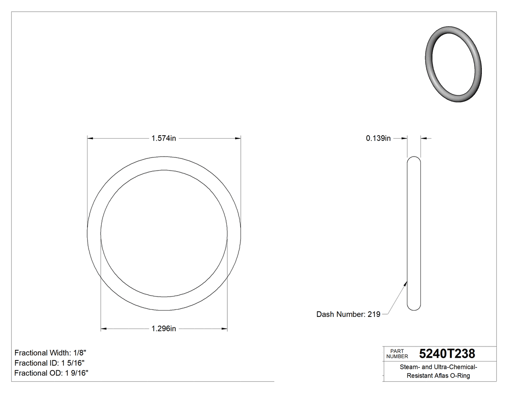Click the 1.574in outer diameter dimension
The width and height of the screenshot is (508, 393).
[x=164, y=138]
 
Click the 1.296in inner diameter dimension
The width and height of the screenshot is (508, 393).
[x=164, y=329]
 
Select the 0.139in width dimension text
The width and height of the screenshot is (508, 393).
[x=378, y=138]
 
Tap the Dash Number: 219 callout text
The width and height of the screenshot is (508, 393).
[x=348, y=314]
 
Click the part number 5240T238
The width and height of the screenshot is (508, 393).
[x=447, y=353]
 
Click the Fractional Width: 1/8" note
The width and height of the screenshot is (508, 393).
[x=50, y=353]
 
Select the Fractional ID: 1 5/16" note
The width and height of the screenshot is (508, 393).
[x=50, y=363]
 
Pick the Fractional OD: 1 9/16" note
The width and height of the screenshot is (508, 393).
[x=51, y=373]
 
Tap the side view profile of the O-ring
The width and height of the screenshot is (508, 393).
[x=414, y=233]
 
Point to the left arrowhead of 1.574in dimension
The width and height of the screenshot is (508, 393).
[x=90, y=138]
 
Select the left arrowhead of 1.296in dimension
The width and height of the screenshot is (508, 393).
[x=104, y=329]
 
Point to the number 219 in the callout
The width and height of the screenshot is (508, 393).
[x=374, y=314]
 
